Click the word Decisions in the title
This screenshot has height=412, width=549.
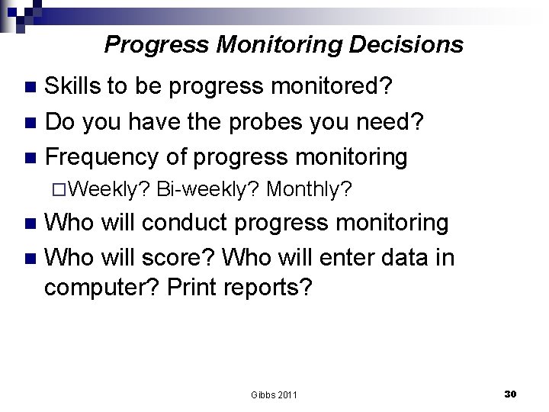point(407,45)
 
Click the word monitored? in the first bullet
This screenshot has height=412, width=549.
point(332,88)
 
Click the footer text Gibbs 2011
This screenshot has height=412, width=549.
point(274,394)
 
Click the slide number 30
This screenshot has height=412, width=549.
point(511,394)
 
